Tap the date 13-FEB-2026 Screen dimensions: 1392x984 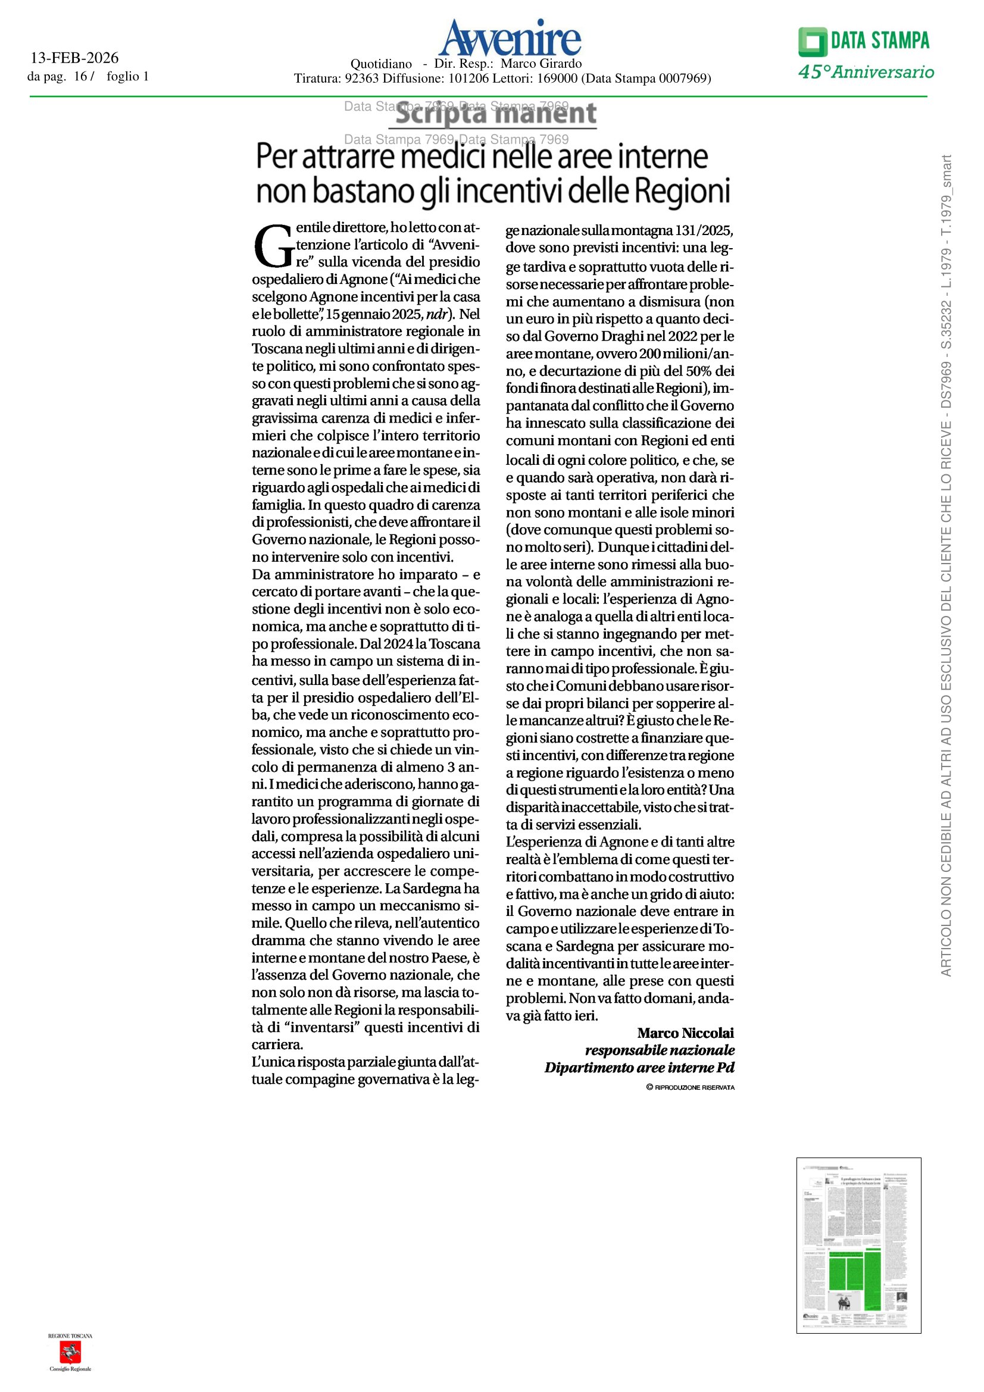point(74,58)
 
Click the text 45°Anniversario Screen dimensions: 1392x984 point(866,73)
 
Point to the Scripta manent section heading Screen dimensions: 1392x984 point(495,114)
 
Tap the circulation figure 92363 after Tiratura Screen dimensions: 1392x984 point(361,78)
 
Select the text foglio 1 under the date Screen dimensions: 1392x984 point(127,76)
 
